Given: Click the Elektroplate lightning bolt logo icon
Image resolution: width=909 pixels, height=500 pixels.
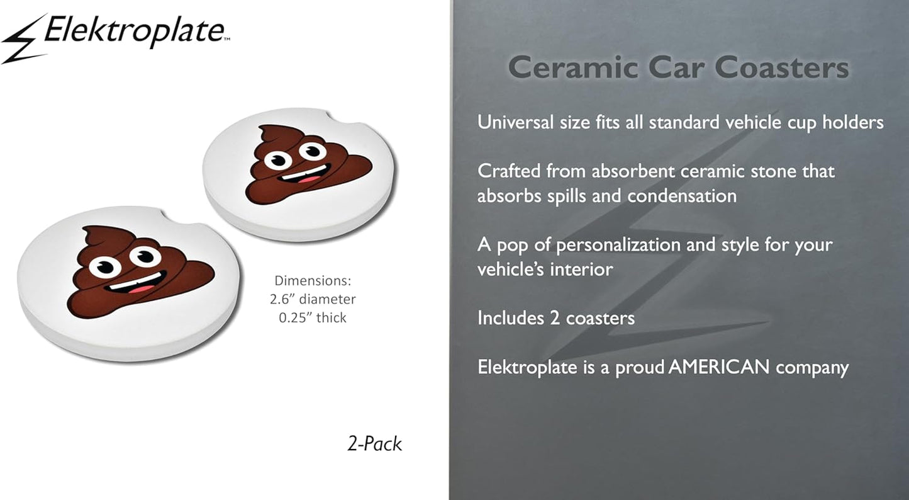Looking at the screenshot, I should click(x=24, y=40).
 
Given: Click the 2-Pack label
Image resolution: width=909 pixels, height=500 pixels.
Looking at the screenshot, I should click(x=374, y=444).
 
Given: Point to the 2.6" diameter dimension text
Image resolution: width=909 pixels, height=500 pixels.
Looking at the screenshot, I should click(x=313, y=299).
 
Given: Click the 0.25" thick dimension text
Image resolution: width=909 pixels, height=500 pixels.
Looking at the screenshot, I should click(x=313, y=317).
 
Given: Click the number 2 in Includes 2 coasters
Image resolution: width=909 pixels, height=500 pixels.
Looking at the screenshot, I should click(x=555, y=318).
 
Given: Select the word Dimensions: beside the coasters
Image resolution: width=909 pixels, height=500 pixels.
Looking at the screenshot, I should click(x=313, y=280).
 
